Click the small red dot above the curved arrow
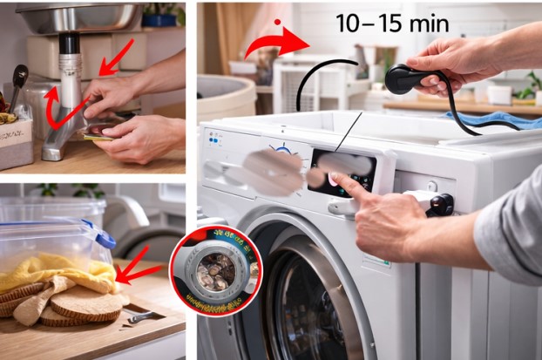278,21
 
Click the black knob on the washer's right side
441,204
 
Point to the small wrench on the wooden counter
139,317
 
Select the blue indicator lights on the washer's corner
214,138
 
